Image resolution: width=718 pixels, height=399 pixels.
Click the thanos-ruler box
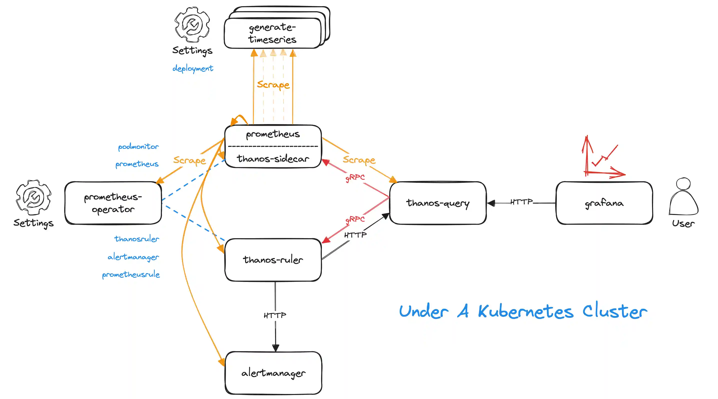(273, 259)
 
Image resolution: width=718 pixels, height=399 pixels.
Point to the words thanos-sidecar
(273, 159)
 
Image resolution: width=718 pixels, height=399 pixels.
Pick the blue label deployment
(193, 68)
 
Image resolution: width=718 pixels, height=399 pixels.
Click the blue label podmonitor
(138, 147)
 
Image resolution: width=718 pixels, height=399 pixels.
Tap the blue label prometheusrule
(131, 275)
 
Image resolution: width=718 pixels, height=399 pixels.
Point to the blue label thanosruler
(136, 239)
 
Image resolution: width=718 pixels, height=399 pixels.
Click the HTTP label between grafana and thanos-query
(521, 202)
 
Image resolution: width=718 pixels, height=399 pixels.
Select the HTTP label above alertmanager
(275, 315)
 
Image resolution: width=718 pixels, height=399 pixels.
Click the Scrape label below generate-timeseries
(273, 85)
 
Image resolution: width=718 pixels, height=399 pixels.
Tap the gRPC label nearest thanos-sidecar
(355, 177)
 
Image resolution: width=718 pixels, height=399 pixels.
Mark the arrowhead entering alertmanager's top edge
(276, 348)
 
